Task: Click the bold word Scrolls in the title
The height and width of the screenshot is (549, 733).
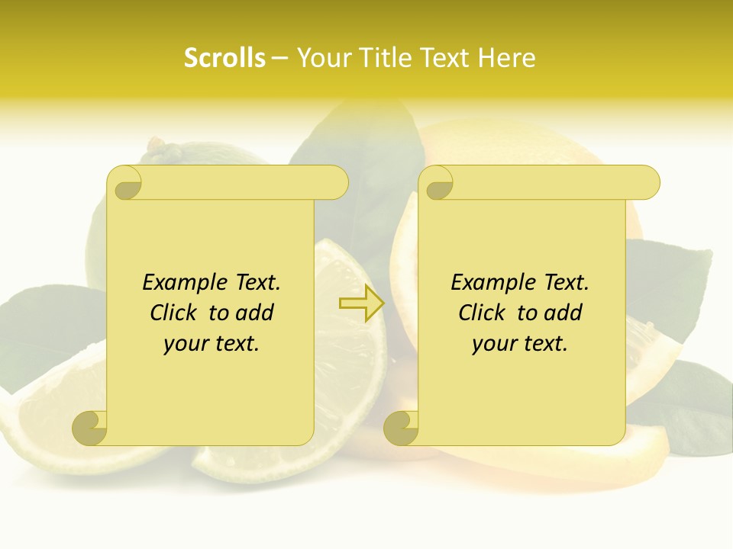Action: [x=224, y=58]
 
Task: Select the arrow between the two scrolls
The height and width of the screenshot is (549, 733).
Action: [x=362, y=304]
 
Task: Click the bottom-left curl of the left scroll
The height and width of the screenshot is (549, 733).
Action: [x=89, y=428]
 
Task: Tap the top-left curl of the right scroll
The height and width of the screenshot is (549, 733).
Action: [x=438, y=183]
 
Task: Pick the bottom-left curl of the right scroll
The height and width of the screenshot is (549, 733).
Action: [x=401, y=428]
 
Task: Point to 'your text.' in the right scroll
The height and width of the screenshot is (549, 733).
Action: [x=520, y=344]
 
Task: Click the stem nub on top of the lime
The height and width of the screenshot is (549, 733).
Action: [x=156, y=143]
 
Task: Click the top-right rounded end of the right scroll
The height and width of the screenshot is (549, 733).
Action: [x=646, y=183]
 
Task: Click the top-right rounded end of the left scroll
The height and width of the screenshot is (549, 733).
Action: [x=334, y=183]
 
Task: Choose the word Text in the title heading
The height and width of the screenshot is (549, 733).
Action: [x=444, y=58]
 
